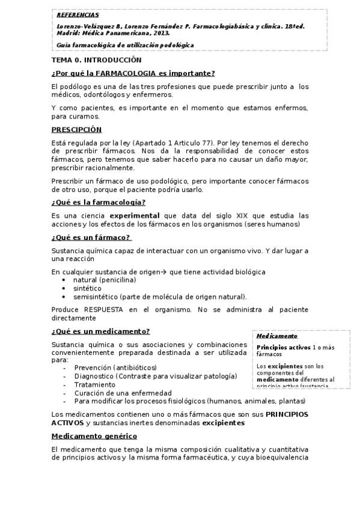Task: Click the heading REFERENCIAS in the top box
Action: pos(78,14)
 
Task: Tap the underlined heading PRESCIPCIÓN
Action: pos(76,130)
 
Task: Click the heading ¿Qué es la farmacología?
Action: pos(98,202)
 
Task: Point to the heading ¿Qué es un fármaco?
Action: pos(91,237)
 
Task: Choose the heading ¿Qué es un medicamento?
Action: pos(100,331)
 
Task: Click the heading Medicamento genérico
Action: pos(94,435)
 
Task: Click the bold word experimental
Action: pos(135,215)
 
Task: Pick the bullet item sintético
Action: pos(87,289)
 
